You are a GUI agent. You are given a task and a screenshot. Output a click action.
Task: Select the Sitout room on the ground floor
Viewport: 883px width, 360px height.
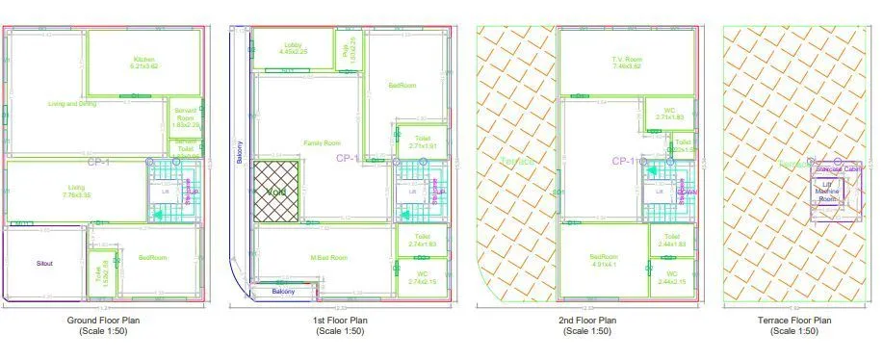[44, 262]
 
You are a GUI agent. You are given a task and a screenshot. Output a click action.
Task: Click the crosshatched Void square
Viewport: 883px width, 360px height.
[277, 192]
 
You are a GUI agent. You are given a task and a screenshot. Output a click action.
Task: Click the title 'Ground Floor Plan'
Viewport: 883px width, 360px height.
[107, 320]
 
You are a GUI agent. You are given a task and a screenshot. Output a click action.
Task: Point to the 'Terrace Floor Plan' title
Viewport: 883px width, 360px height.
[794, 320]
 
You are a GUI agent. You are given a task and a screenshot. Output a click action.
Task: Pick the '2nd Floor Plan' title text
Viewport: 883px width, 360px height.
[586, 320]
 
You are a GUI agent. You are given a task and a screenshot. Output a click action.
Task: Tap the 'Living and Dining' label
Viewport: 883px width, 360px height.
[72, 103]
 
